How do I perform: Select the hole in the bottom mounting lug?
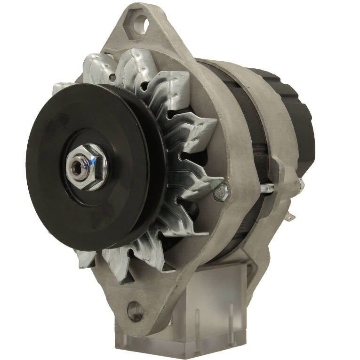pyautogui.click(x=135, y=310)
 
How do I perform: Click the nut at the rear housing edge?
pyautogui.click(x=299, y=184)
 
